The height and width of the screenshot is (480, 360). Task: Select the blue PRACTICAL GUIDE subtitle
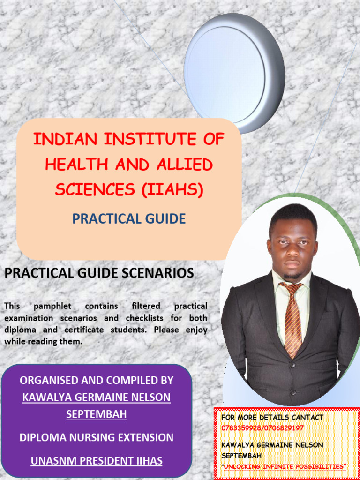coord(129,218)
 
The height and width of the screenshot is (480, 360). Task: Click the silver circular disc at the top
coord(234,73)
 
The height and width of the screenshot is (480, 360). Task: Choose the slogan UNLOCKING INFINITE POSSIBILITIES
coord(284,466)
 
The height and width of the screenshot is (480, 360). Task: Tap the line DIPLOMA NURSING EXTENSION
coord(96,437)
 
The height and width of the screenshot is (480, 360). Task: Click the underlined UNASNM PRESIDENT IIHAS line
coord(96,461)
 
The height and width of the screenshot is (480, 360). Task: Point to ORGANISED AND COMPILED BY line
coord(96,380)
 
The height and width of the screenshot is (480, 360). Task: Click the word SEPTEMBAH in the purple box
coord(96,414)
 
